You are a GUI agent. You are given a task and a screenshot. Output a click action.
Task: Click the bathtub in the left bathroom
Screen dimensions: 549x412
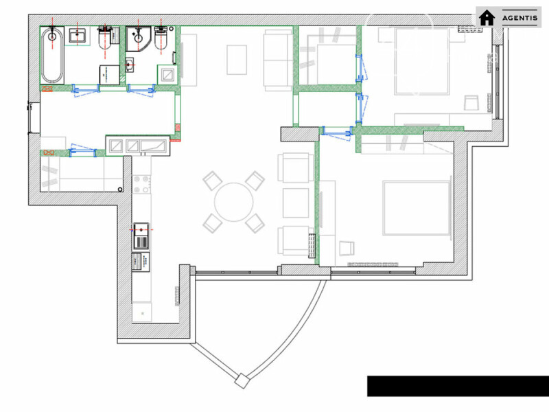coord(53,55)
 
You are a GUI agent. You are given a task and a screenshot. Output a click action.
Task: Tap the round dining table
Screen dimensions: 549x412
coord(233,202)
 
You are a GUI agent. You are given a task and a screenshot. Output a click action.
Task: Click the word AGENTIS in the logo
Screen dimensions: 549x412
coord(519,18)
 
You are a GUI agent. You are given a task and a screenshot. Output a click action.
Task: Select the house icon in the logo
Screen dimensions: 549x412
coord(487,18)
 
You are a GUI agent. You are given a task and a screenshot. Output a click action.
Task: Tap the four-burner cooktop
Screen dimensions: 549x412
coord(141,185)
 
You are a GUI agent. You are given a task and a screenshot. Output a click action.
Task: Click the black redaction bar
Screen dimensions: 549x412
coord(458,386)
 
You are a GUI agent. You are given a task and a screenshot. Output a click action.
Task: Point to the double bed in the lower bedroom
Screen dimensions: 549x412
coord(417,208)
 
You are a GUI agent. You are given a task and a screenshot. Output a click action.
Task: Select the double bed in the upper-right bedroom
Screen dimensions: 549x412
coord(422,61)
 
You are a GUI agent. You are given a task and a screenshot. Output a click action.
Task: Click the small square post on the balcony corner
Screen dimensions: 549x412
coord(242,381)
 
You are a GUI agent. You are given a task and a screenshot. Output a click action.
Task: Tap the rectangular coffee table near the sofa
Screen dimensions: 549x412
coord(237,60)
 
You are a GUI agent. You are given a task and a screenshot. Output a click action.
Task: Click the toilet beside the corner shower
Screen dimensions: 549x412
coord(161,38)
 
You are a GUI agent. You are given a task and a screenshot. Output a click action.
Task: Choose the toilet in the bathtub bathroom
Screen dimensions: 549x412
coord(106,38)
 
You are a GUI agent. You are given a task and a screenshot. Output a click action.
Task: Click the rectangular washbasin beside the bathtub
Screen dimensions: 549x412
coord(78,36)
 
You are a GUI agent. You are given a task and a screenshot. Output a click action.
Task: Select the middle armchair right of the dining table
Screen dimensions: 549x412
coord(296,203)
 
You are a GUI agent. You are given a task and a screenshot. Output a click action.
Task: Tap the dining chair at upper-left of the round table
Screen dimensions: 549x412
coord(212,181)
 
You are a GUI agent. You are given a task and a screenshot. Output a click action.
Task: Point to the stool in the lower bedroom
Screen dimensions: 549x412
coord(347,248)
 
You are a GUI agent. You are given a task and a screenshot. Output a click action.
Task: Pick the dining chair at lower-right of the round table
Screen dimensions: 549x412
coord(255,223)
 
